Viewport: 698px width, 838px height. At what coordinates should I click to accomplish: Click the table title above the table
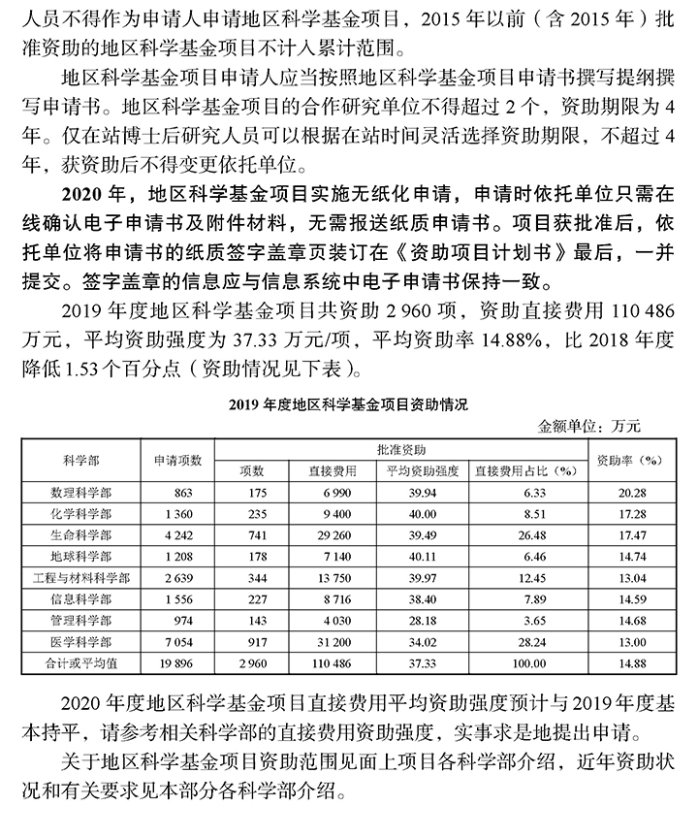tap(348, 404)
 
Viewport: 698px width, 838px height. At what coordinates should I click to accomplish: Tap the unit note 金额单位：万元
tap(592, 426)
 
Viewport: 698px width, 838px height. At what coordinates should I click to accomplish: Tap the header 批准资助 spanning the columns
tap(399, 449)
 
